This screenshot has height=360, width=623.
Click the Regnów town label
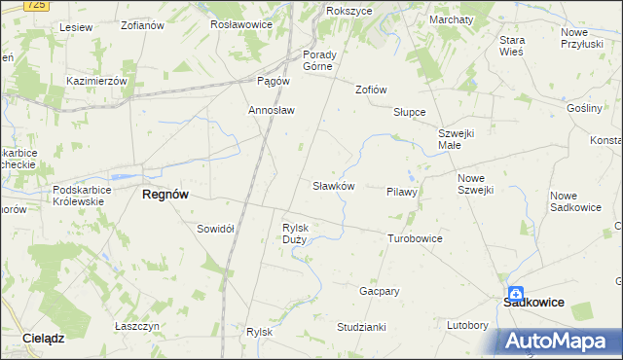pyautogui.click(x=165, y=195)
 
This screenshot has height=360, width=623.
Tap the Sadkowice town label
pyautogui.click(x=533, y=303)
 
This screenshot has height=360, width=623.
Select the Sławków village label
pyautogui.click(x=333, y=185)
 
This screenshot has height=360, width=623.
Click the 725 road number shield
pyautogui.click(x=35, y=6)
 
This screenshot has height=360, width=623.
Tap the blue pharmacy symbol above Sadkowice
pyautogui.click(x=513, y=291)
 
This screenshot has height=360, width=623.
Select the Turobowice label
pyautogui.click(x=415, y=238)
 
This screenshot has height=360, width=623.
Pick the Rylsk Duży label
pyautogui.click(x=294, y=234)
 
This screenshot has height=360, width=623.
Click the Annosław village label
pyautogui.click(x=272, y=110)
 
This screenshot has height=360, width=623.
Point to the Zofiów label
pyautogui.click(x=371, y=90)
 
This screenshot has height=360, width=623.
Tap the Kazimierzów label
pyautogui.click(x=96, y=81)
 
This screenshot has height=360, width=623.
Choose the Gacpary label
pyautogui.click(x=380, y=291)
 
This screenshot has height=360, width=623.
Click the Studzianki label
pyautogui.click(x=362, y=326)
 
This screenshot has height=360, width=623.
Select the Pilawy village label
pyautogui.click(x=401, y=193)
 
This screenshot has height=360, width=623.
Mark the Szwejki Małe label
pyautogui.click(x=455, y=139)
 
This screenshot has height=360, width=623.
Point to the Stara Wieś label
pyautogui.click(x=511, y=46)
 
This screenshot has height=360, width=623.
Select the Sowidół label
pyautogui.click(x=215, y=229)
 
